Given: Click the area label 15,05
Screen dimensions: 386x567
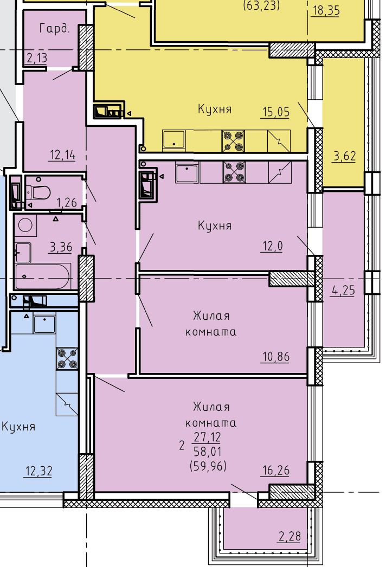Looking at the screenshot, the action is (276, 112).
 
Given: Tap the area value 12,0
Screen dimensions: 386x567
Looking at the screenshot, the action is (272, 246).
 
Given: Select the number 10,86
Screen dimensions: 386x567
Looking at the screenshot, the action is (276, 357).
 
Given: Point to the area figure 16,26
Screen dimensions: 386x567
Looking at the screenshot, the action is (276, 471).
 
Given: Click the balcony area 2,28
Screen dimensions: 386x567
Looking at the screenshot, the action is (290, 537).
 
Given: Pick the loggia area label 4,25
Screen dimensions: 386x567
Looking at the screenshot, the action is (343, 291).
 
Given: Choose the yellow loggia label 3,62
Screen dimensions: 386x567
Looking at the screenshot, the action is (344, 157).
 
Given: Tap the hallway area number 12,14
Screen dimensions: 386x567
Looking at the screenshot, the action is (62, 155).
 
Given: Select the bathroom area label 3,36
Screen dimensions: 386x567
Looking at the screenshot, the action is (61, 248).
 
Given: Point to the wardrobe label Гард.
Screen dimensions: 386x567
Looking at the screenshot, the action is (54, 28).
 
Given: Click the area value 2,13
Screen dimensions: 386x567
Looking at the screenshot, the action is (37, 58).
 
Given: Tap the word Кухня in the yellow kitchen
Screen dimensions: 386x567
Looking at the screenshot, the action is (215, 109).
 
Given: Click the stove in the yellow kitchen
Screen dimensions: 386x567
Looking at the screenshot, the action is (233, 141).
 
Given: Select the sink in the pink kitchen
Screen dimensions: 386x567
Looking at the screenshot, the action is (186, 172).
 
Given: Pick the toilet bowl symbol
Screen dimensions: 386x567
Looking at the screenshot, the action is (38, 192).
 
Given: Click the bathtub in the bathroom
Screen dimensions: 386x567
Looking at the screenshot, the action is (43, 276).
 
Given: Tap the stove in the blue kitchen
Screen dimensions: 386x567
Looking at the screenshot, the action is (67, 359).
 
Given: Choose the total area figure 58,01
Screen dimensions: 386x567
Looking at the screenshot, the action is (208, 452).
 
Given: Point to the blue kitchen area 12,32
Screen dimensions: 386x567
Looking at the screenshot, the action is (38, 472).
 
